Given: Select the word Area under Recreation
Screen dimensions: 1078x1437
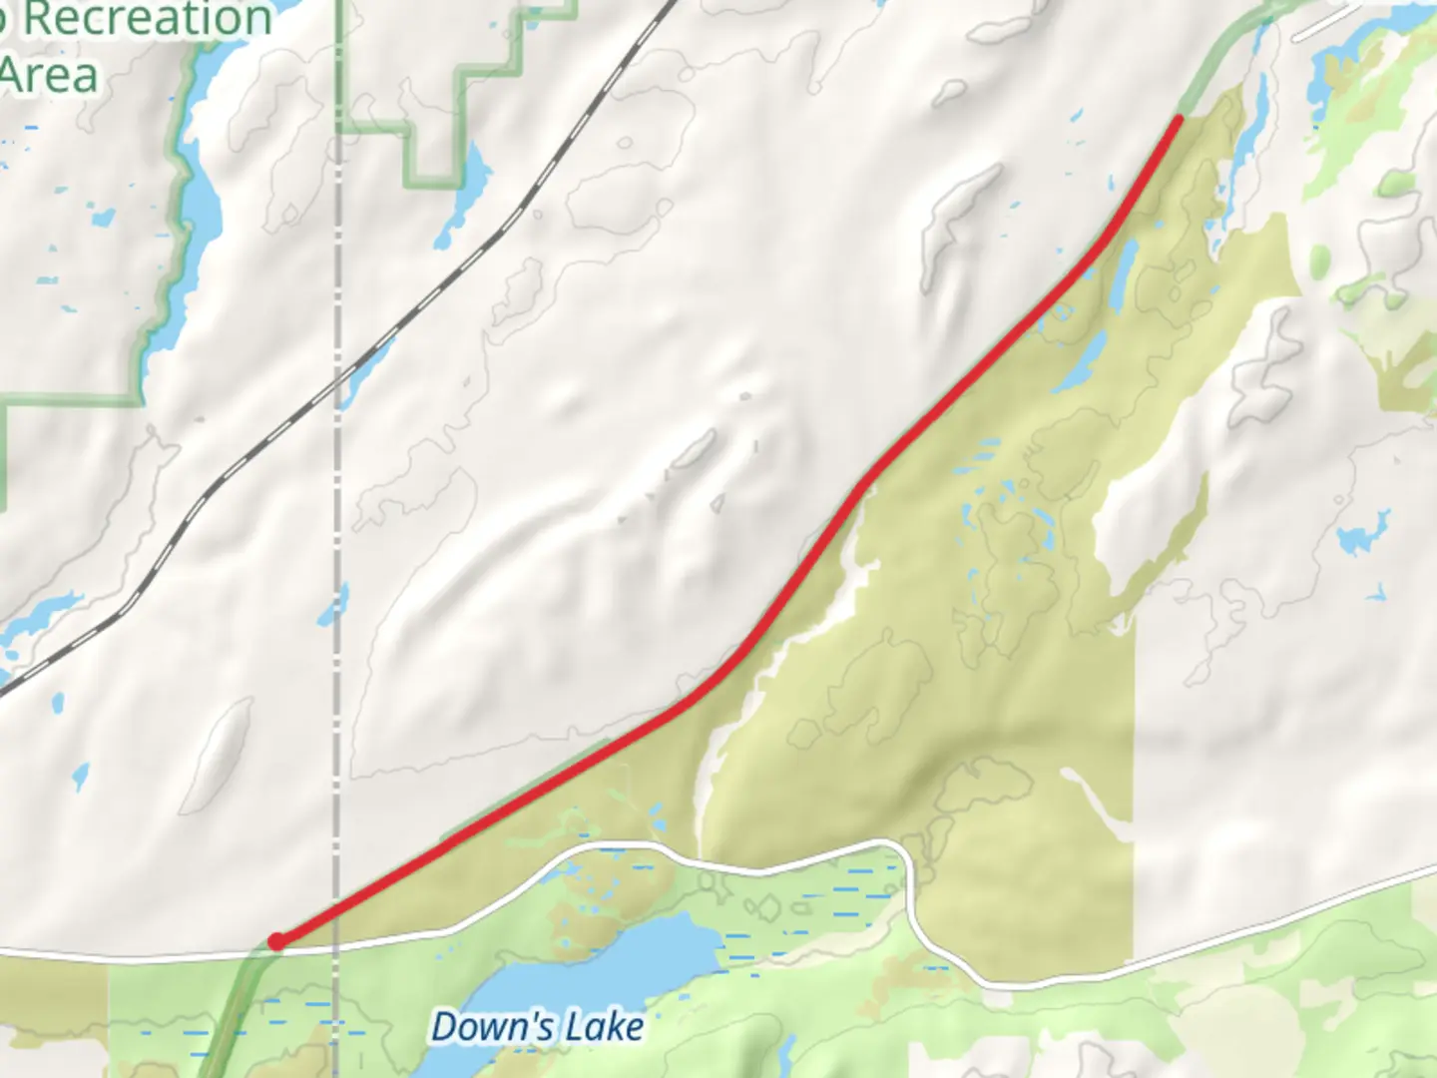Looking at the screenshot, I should (x=50, y=76).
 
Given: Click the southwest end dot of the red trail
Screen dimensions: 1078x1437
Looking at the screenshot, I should (x=276, y=941).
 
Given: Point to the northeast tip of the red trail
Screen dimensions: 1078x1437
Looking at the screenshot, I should (x=1179, y=120).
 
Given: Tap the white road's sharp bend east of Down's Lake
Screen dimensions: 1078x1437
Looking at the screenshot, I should (x=906, y=858).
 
